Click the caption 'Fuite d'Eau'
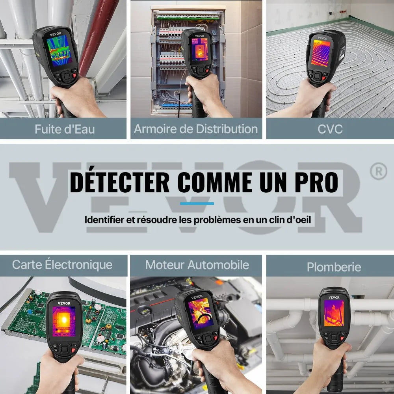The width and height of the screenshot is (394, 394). coord(65,129)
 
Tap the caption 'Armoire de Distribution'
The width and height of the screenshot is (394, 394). coord(196,129)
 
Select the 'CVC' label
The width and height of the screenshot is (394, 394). coord(330,129)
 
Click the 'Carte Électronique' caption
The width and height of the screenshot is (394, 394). coord(62,264)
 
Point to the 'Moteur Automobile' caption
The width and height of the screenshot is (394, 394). coord(197,265)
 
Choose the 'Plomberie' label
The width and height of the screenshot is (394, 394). coord(334,267)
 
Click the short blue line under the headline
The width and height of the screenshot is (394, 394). coord(197,203)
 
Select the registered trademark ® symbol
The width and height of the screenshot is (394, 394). coord(379,171)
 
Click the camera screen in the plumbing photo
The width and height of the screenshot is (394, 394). coord(334,313)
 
